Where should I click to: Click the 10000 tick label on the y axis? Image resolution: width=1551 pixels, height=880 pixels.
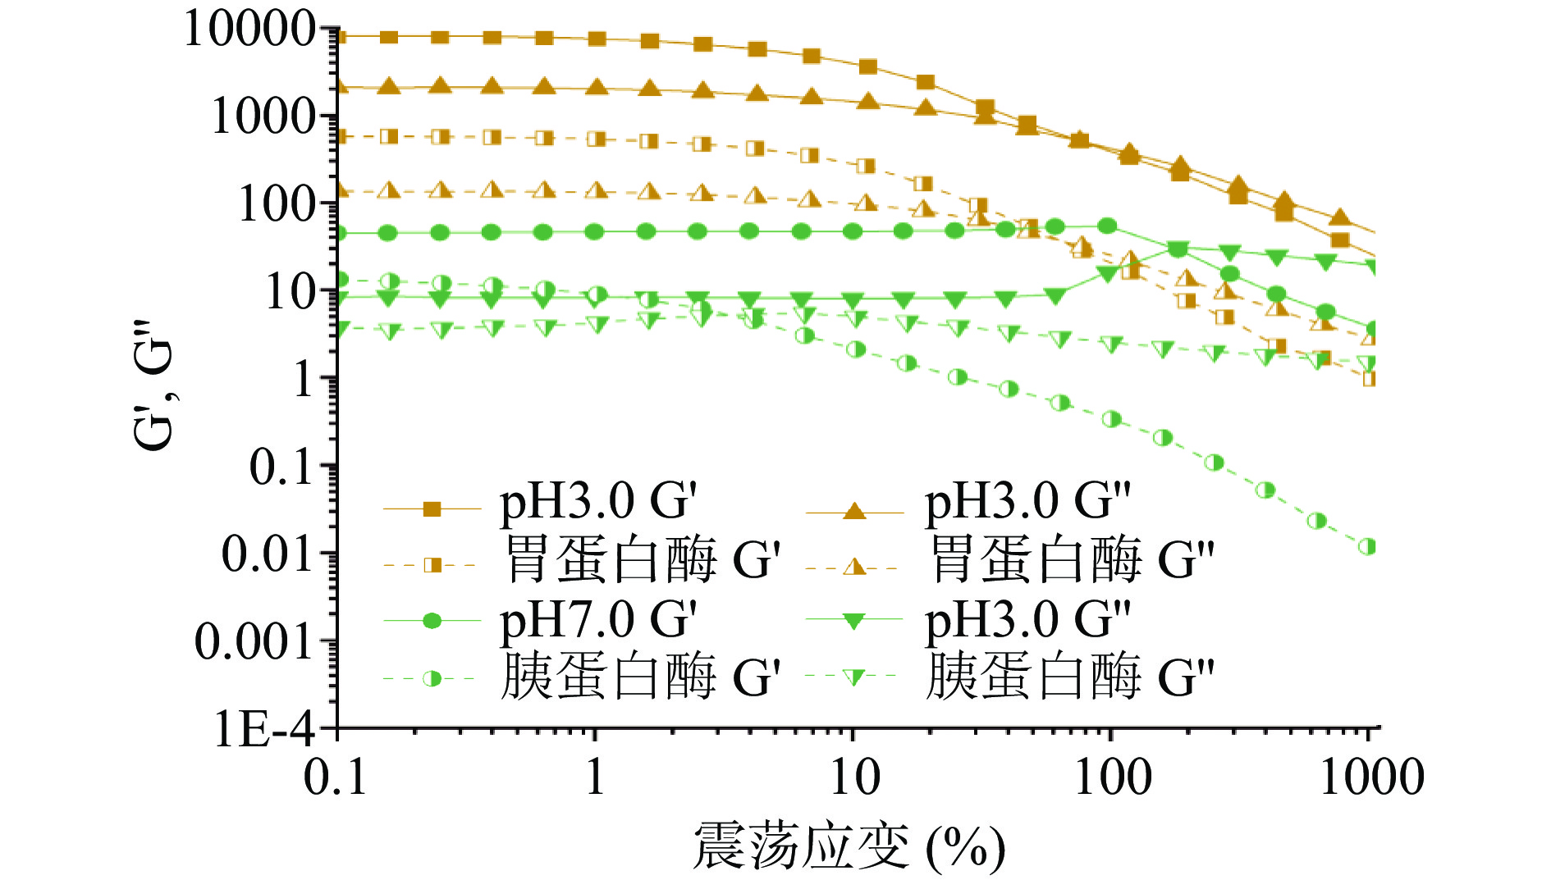pos(249,30)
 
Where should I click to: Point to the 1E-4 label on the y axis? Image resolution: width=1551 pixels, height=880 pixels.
pos(264,727)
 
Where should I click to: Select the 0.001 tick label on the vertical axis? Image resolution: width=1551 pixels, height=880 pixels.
pos(254,641)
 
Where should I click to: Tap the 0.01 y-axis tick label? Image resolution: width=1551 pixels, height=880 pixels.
pos(268,554)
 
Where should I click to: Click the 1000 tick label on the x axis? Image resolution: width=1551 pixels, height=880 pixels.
pos(1370,777)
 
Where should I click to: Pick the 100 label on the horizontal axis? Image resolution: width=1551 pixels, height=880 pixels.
pos(1112,777)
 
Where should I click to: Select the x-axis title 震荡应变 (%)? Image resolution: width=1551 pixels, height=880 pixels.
pos(849,847)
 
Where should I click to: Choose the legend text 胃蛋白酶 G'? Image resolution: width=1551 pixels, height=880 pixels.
pos(640,561)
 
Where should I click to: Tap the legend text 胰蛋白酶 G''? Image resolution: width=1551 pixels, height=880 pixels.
pos(1069,677)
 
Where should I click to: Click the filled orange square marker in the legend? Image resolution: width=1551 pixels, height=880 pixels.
pos(432,509)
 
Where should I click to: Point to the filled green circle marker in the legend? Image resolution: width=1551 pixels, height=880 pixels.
pos(432,621)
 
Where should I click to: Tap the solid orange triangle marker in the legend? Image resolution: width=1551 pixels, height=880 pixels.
pos(854,511)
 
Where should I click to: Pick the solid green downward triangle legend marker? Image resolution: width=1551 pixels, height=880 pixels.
pos(854,622)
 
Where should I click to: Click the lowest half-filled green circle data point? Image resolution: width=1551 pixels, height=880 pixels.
pos(1366,547)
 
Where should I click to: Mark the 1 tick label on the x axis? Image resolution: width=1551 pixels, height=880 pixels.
pos(595,777)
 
